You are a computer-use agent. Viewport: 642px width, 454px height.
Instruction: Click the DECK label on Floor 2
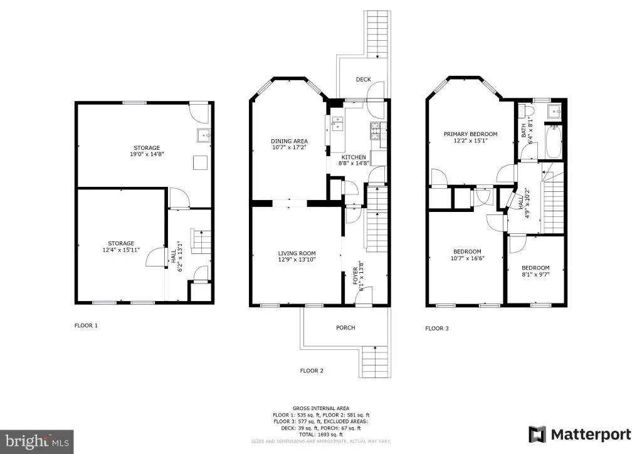coord(363,80)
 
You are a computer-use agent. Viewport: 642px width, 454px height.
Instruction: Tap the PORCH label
coord(345,327)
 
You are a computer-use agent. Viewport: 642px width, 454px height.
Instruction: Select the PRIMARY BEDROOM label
coord(470,134)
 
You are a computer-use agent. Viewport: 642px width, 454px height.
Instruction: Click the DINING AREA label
coord(289,141)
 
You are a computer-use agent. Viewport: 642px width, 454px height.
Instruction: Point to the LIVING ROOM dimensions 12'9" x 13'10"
coord(297,259)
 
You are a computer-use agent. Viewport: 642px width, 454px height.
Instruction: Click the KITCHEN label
coord(354,157)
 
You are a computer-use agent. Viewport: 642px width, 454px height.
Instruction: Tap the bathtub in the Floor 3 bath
coord(553,142)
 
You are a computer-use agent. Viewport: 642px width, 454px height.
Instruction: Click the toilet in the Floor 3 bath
coord(526,110)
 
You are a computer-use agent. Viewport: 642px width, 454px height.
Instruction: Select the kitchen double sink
coord(337,123)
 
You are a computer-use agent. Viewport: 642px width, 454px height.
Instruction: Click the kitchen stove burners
coord(375,131)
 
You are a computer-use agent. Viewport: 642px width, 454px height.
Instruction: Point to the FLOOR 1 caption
coord(86,325)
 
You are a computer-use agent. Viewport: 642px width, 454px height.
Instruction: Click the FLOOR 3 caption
coord(437,329)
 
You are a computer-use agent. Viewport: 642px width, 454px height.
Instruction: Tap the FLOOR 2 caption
coord(312,371)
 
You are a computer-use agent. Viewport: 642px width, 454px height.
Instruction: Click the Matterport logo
coord(580,435)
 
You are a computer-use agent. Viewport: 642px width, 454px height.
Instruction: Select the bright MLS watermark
coord(37,441)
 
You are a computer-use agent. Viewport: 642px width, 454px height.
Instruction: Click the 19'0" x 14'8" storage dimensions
coord(147,154)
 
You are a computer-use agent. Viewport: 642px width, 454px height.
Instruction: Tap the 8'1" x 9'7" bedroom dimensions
coord(535,275)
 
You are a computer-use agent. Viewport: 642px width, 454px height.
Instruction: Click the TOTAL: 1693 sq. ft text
coord(321,435)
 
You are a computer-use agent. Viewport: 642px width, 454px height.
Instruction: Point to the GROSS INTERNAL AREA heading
coord(321,408)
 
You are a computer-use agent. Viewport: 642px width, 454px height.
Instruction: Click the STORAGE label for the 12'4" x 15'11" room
coord(121,243)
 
